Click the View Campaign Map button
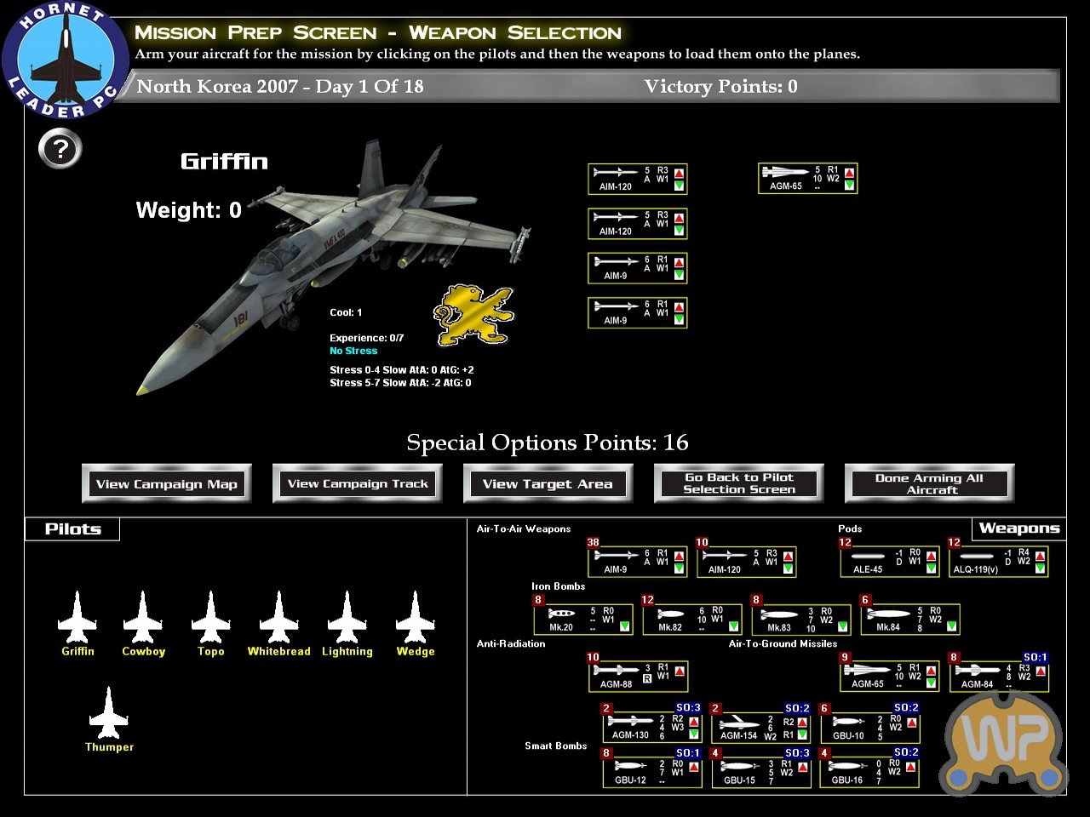[x=167, y=484]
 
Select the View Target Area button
[x=548, y=484]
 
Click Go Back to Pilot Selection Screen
[x=738, y=483]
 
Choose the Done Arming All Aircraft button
[x=929, y=483]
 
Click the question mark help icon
[x=60, y=150]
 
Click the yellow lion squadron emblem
[x=473, y=315]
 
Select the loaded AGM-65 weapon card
[x=806, y=179]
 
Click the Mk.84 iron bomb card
[x=910, y=619]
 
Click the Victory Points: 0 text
[x=720, y=87]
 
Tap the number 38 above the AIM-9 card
[x=594, y=542]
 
